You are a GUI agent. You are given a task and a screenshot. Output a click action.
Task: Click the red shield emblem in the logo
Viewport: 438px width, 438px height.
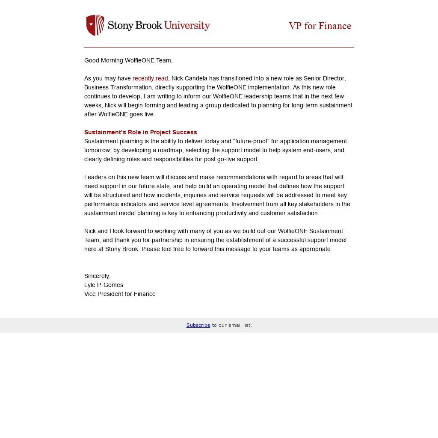click(x=95, y=25)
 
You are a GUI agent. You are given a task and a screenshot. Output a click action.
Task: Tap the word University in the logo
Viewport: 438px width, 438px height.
click(x=187, y=25)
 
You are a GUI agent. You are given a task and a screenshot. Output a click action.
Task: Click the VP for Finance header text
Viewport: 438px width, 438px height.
click(x=320, y=26)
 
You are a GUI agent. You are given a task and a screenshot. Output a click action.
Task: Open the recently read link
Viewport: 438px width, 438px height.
click(x=150, y=78)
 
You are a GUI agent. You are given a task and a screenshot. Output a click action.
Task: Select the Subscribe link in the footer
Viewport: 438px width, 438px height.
click(x=198, y=325)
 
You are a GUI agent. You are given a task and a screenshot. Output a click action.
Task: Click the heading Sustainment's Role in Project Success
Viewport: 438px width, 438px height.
click(x=140, y=132)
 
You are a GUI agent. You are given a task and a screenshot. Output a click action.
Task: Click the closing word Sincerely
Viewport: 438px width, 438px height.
click(x=97, y=276)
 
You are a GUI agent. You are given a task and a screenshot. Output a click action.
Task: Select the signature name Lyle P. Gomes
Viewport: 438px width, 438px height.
click(x=104, y=285)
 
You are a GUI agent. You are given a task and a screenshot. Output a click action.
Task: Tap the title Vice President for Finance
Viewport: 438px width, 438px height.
click(x=120, y=294)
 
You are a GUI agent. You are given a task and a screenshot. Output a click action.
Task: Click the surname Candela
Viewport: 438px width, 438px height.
click(x=196, y=78)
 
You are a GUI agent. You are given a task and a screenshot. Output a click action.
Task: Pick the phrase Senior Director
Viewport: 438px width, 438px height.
click(x=324, y=78)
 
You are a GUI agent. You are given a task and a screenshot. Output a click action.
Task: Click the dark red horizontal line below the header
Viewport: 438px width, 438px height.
click(x=219, y=47)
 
